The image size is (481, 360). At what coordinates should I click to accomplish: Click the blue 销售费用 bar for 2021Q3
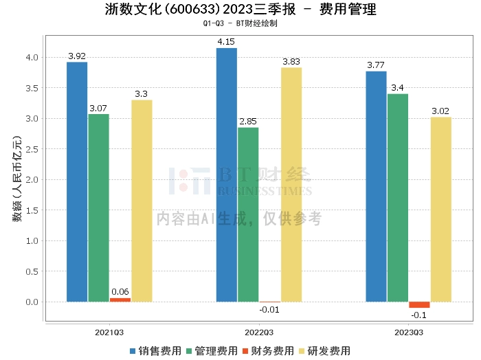pyautogui.click(x=77, y=182)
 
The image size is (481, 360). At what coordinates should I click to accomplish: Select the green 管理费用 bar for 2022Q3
pyautogui.click(x=248, y=214)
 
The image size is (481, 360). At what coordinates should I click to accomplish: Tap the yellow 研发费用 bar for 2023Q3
pyautogui.click(x=441, y=210)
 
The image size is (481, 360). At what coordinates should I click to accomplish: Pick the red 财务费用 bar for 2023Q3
pyautogui.click(x=419, y=305)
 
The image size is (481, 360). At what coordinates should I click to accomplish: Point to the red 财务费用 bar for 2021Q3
pyautogui.click(x=120, y=300)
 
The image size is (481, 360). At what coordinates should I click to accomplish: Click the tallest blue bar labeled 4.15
pyautogui.click(x=227, y=175)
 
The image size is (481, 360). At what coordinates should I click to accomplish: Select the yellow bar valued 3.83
pyautogui.click(x=291, y=185)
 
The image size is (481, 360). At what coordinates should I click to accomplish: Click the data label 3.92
pyautogui.click(x=77, y=56)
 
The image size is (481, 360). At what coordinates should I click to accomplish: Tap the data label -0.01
pyautogui.click(x=269, y=310)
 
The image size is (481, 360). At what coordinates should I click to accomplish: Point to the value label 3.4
pyautogui.click(x=398, y=88)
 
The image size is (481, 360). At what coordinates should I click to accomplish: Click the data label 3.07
pyautogui.click(x=98, y=109)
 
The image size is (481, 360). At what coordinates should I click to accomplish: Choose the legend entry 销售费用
pyautogui.click(x=156, y=351)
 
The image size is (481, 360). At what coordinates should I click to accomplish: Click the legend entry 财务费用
pyautogui.click(x=269, y=351)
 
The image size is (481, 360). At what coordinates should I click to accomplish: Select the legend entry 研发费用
pyautogui.click(x=325, y=351)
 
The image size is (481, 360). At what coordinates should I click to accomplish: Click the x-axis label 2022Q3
pyautogui.click(x=259, y=333)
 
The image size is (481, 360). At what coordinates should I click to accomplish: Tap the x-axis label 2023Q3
pyautogui.click(x=409, y=333)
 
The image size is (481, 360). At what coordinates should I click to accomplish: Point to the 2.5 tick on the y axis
pyautogui.click(x=32, y=149)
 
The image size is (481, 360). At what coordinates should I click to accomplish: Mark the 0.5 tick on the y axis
pyautogui.click(x=32, y=271)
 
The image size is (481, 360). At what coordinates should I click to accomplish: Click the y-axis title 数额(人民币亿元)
pyautogui.click(x=17, y=179)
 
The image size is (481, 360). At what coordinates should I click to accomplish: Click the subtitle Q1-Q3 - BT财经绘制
pyautogui.click(x=240, y=23)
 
